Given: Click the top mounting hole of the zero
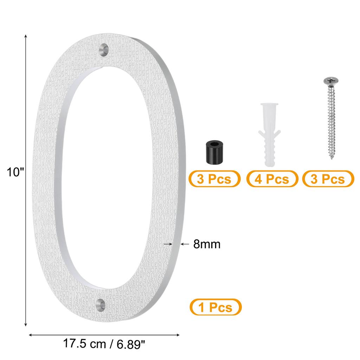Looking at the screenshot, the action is pos(104,49).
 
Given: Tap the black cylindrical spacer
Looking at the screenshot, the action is pos(214,153).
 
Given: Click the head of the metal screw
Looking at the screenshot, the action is pos(331,81).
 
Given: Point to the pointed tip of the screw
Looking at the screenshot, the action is pos(332,159).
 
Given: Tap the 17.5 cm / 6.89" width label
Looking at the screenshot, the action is pos(104,344).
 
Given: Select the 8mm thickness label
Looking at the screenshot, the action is pos(207,244).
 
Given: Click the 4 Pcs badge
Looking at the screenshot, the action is pos(272,179).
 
